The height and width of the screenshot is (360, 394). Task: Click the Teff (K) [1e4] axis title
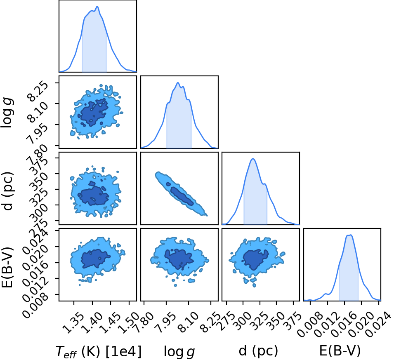tap(98, 351)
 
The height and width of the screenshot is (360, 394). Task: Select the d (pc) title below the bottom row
tap(258, 350)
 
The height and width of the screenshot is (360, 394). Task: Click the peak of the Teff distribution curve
tap(97, 7)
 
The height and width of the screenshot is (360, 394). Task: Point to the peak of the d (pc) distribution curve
tap(253, 159)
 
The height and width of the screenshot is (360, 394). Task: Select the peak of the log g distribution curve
tap(178, 82)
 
